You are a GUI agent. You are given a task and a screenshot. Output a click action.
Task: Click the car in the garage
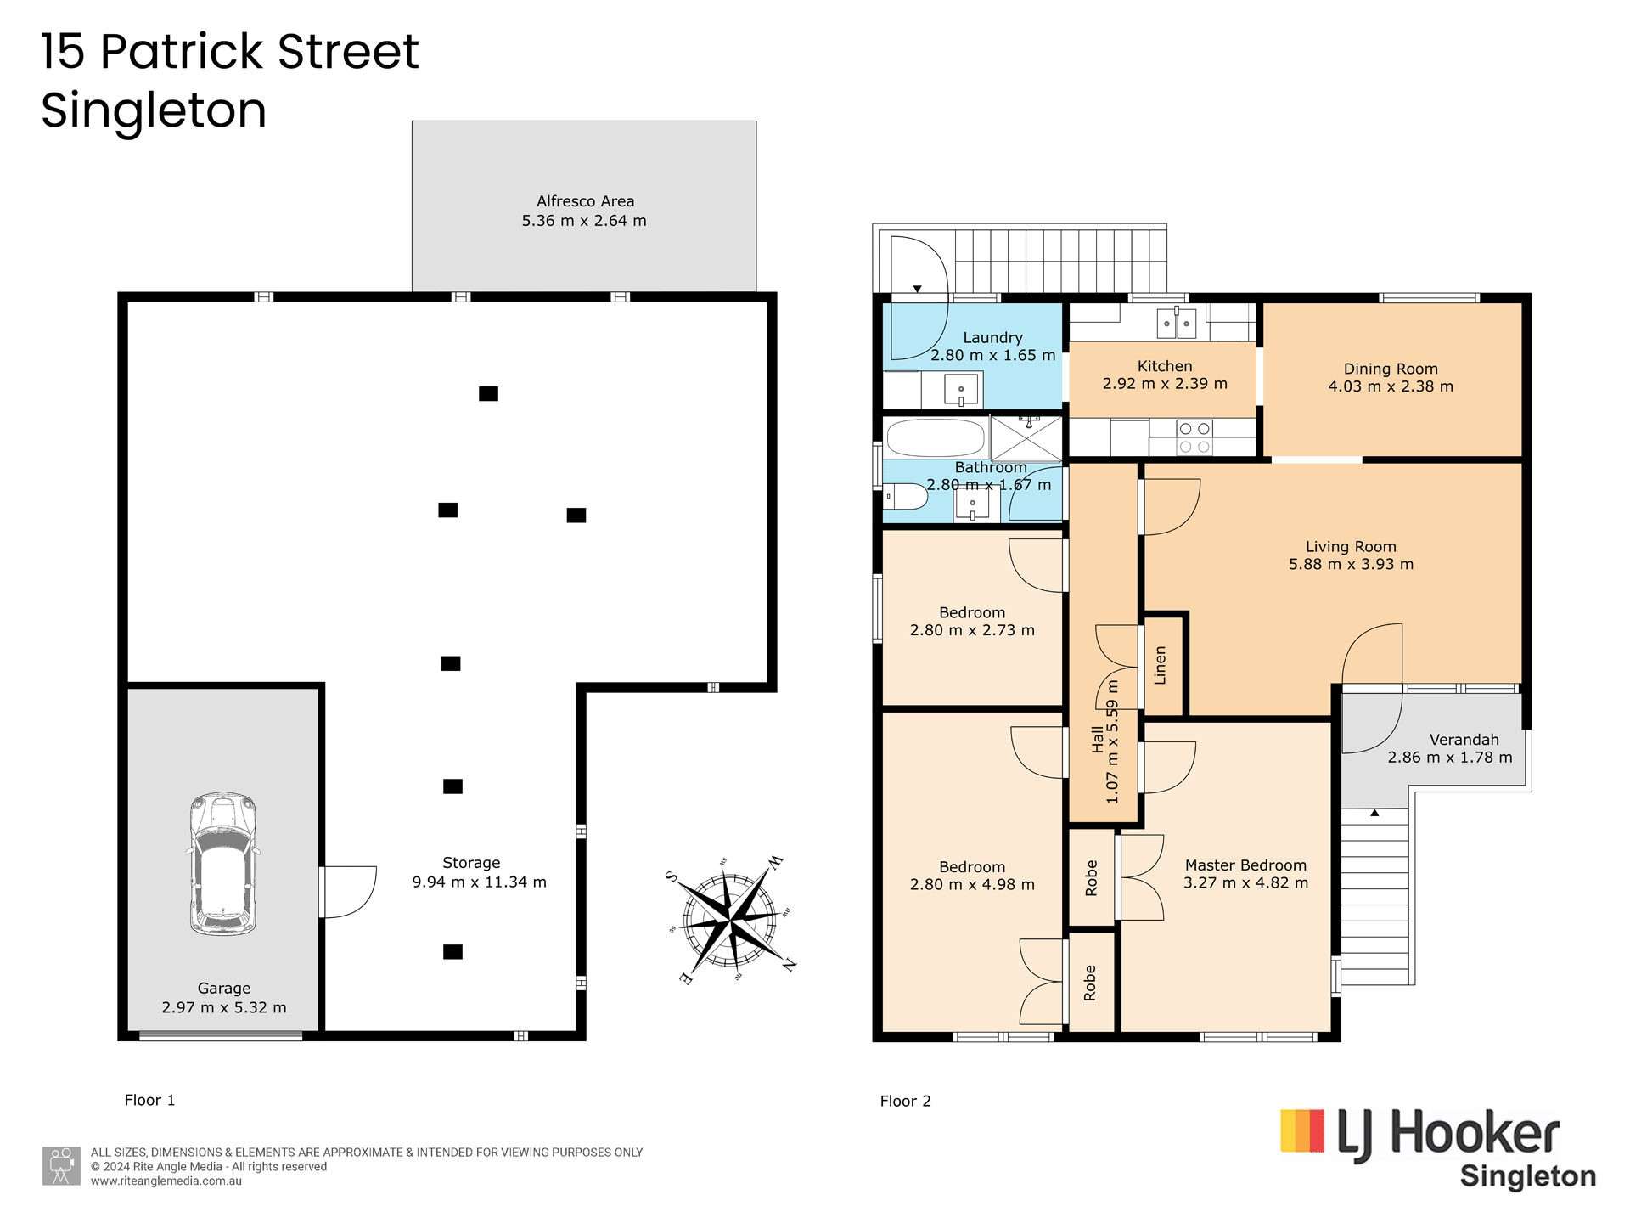pyautogui.click(x=222, y=864)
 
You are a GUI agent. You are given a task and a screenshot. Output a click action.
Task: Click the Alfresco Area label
pyautogui.click(x=585, y=201)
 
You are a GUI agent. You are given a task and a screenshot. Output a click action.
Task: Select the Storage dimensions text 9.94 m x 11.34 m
pyautogui.click(x=480, y=882)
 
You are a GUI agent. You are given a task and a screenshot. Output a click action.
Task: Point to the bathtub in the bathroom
pyautogui.click(x=936, y=438)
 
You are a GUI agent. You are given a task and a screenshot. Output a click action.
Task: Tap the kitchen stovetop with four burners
pyautogui.click(x=1194, y=437)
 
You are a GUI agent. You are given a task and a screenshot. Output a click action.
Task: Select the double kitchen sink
pyautogui.click(x=1177, y=324)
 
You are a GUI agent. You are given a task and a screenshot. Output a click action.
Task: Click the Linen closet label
pyautogui.click(x=1161, y=665)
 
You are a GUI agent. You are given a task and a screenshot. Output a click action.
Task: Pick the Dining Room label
pyautogui.click(x=1391, y=369)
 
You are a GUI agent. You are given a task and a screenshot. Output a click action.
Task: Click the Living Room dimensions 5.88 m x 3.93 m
pyautogui.click(x=1352, y=564)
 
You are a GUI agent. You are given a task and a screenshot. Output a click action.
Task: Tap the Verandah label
pyautogui.click(x=1464, y=740)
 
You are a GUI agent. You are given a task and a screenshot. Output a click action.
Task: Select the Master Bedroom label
pyautogui.click(x=1245, y=865)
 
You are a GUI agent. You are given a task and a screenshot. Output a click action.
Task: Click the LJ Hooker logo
pyautogui.click(x=1438, y=1147)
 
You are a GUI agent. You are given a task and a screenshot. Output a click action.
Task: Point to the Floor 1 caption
pyautogui.click(x=149, y=1101)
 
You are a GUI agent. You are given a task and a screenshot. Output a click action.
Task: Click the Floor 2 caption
pyautogui.click(x=905, y=1102)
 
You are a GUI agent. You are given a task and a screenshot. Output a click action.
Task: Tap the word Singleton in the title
pyautogui.click(x=154, y=110)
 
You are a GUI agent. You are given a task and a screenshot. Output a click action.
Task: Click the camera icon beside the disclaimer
pyautogui.click(x=61, y=1166)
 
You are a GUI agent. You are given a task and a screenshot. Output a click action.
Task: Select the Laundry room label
pyautogui.click(x=992, y=337)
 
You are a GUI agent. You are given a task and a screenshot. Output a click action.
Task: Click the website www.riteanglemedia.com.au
pyautogui.click(x=166, y=1181)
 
